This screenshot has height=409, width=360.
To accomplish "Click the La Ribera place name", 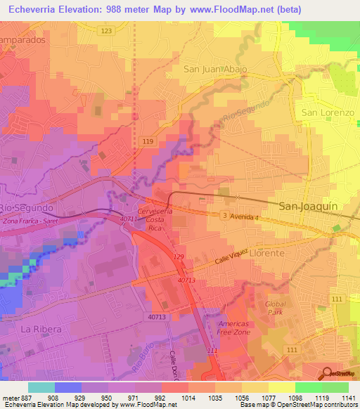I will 37,329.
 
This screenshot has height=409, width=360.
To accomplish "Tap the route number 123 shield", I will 106,32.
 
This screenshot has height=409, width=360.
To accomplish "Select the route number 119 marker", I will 147,142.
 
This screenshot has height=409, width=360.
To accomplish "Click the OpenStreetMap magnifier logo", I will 326,372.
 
